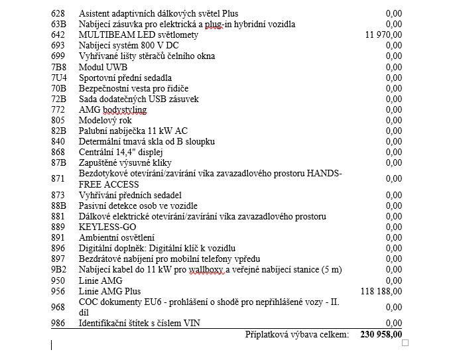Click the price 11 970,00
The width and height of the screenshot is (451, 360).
pos(383,34)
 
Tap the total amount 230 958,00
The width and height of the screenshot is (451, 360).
pos(381,335)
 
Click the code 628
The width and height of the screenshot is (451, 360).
pos(58,13)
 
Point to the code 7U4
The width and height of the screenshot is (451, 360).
pos(58,78)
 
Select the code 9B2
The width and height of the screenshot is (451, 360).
pos(58,269)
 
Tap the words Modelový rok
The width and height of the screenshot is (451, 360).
pos(105,120)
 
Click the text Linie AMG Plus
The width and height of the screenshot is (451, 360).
pos(109,291)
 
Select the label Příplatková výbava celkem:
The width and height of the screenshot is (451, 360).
pos(296,335)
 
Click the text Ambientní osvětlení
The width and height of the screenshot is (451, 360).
pos(117,237)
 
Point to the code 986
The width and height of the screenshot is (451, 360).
pos(58,323)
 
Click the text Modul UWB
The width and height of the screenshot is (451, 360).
pos(103,67)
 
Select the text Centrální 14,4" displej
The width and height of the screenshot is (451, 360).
pos(123,152)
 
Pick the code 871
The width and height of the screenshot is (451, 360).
pos(58,178)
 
